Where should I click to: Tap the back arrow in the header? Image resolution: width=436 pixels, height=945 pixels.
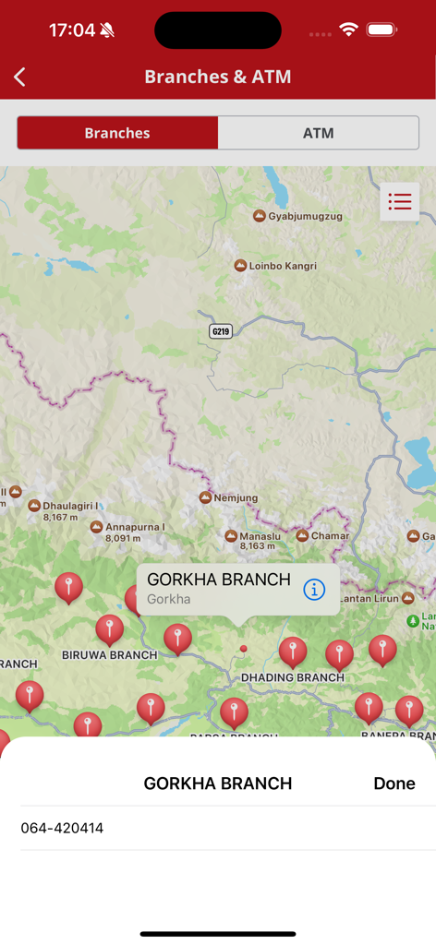(x=20, y=78)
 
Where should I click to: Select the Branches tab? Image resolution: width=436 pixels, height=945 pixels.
(x=117, y=133)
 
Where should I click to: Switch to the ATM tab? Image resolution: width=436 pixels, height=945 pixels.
(x=318, y=133)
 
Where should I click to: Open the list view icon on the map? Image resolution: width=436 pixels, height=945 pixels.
(x=399, y=201)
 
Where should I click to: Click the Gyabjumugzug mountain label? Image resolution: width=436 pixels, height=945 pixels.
(x=298, y=216)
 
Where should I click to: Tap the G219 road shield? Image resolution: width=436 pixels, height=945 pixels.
(x=220, y=331)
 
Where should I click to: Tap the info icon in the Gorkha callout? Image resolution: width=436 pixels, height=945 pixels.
(x=314, y=589)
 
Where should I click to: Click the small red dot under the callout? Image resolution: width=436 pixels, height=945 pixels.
(x=244, y=649)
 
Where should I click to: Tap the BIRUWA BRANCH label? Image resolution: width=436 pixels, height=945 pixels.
(x=109, y=654)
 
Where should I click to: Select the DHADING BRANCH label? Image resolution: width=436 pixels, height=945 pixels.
(x=292, y=677)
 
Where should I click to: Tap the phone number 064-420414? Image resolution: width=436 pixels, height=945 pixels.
(x=62, y=828)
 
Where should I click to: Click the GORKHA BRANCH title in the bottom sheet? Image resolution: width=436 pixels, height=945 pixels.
(x=218, y=784)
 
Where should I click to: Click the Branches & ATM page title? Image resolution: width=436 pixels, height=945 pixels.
(x=218, y=77)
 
